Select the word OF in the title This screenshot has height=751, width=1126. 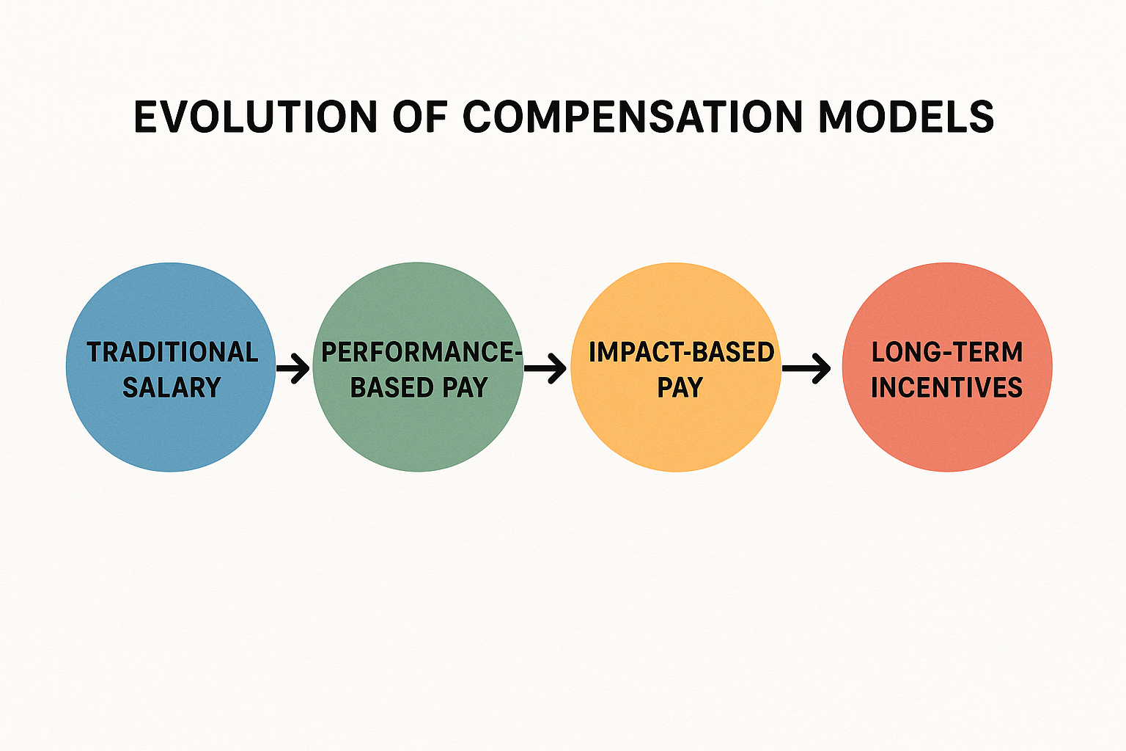[x=419, y=117]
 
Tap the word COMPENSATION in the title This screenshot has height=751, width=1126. [x=633, y=117]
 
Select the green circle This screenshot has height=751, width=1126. [x=418, y=433]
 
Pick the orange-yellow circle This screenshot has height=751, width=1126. [x=675, y=433]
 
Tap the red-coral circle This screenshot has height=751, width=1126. [x=946, y=433]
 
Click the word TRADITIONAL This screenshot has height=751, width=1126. [x=172, y=353]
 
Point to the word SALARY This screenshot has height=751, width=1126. [x=172, y=387]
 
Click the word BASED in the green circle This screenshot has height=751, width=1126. [x=389, y=387]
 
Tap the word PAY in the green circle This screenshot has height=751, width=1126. [x=465, y=387]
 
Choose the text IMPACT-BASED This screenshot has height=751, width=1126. [x=681, y=353]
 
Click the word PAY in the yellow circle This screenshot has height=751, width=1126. [x=680, y=387]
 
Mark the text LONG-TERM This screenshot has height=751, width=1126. [x=946, y=353]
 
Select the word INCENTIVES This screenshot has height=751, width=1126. [x=946, y=387]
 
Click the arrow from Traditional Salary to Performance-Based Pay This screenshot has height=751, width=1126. [x=293, y=368]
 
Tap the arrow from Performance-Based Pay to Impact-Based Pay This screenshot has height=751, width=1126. [x=546, y=368]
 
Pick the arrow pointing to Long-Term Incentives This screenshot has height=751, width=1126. [x=806, y=368]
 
